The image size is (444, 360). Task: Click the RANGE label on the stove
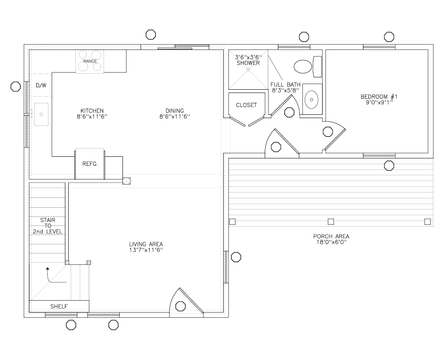(x=90, y=61)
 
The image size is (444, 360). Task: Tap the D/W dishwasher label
(x=41, y=86)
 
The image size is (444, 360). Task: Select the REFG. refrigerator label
(x=89, y=163)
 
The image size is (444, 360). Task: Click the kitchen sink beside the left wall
(x=41, y=114)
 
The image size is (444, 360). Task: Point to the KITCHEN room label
(x=92, y=111)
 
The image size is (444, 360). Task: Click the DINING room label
(x=175, y=111)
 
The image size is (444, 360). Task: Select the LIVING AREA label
(x=146, y=244)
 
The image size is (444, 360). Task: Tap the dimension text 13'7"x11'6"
(x=146, y=250)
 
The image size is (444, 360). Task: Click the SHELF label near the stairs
(x=59, y=307)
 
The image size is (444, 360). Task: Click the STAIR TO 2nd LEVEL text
(x=48, y=225)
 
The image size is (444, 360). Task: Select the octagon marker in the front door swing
(x=180, y=306)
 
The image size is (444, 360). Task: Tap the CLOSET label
(x=246, y=105)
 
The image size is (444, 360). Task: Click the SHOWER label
(x=248, y=63)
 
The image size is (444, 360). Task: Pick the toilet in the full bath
(x=305, y=67)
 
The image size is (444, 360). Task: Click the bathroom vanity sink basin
(x=312, y=99)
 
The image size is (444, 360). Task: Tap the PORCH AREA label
(x=331, y=236)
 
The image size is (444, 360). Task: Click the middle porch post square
(x=331, y=222)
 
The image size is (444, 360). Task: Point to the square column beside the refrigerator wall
(x=127, y=181)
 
